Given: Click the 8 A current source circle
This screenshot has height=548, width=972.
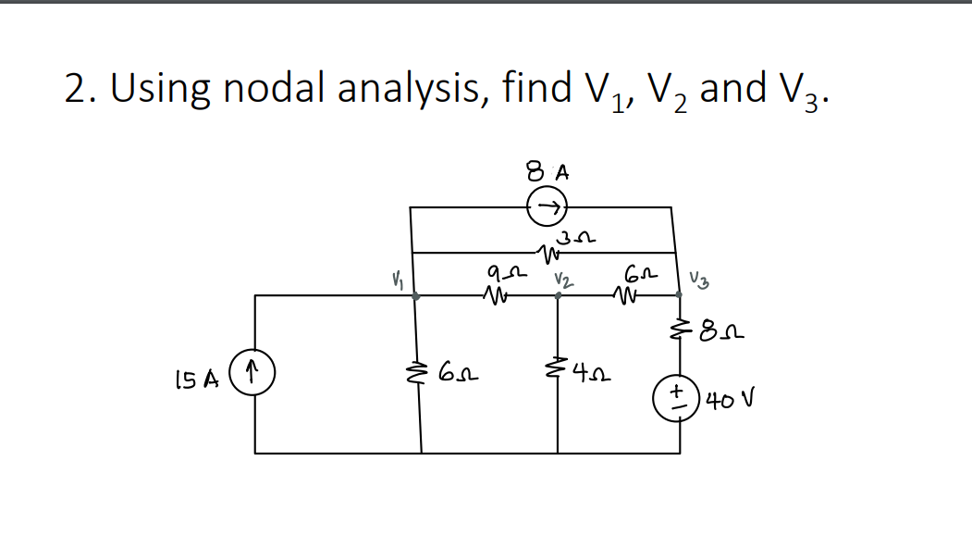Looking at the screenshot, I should point(546,208).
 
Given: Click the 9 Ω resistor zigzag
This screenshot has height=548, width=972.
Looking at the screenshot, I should point(496,297).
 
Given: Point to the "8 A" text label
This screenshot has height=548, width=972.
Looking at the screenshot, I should point(547,172).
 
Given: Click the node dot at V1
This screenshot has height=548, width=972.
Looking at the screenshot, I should point(415,296).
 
